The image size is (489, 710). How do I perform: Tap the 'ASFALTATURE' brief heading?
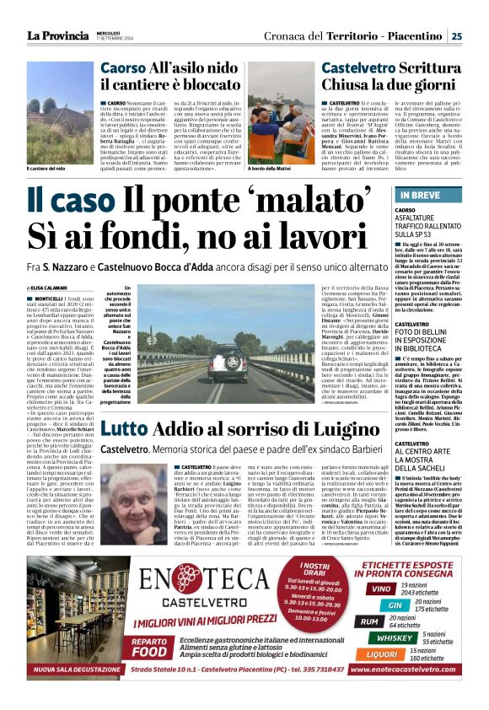(421, 218)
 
